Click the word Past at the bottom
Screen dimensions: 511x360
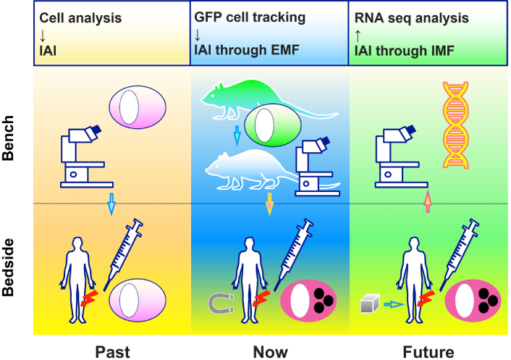click(x=112, y=352)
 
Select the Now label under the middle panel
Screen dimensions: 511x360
click(x=271, y=352)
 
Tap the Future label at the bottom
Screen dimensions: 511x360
click(x=428, y=352)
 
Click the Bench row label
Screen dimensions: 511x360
click(x=8, y=138)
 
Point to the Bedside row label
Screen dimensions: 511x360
click(x=8, y=267)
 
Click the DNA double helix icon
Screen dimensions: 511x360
click(x=455, y=125)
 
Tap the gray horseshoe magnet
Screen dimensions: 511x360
click(x=221, y=304)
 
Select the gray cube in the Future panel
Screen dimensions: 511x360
click(x=370, y=304)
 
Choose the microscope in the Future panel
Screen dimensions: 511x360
click(x=401, y=156)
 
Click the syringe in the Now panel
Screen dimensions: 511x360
click(x=293, y=254)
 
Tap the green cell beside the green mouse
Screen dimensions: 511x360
click(x=273, y=125)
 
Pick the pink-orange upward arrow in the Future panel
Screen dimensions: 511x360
click(x=428, y=202)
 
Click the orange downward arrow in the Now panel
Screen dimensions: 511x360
click(x=269, y=204)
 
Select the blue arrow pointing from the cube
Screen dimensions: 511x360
click(x=394, y=304)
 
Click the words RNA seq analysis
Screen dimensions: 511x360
click(x=412, y=18)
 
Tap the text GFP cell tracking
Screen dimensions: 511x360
click(x=250, y=17)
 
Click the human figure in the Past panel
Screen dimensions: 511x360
click(x=77, y=280)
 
